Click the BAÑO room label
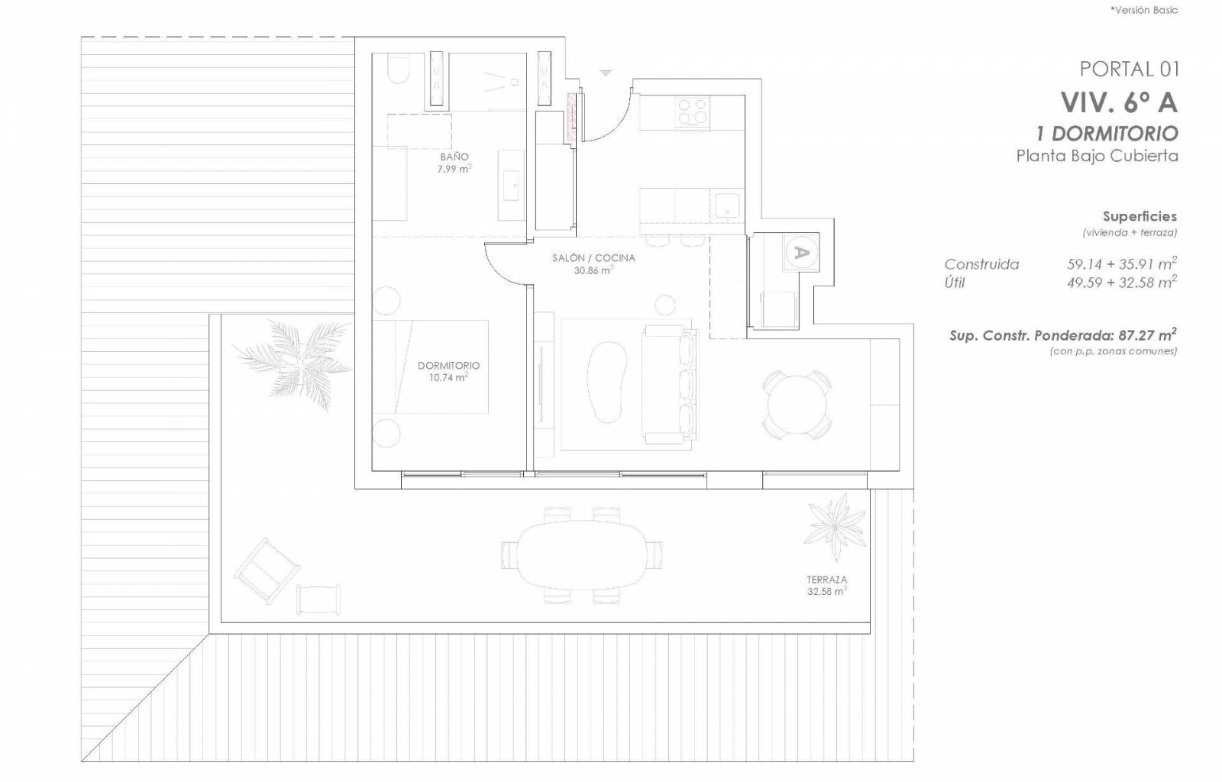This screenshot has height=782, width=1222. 454,157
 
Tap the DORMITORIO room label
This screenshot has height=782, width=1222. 448,365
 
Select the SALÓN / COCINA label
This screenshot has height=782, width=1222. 593,258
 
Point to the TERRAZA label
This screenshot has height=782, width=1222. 827,580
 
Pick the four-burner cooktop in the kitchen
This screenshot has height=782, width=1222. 692,111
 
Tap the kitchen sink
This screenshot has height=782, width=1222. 727,205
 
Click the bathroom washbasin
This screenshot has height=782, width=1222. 511,186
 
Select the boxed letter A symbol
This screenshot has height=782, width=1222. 801,253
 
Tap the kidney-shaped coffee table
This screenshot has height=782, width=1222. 606,382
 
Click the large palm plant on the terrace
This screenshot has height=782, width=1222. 295,363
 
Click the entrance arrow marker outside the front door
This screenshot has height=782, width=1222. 606,73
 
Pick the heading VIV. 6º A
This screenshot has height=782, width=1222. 1119,102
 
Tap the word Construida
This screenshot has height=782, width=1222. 981,264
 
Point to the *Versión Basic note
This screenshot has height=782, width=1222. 1144,10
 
